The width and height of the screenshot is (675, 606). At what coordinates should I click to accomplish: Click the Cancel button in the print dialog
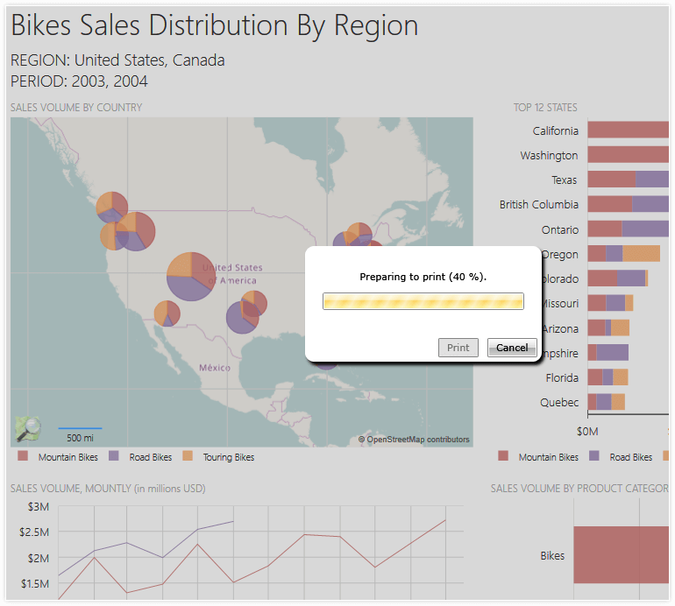click(512, 348)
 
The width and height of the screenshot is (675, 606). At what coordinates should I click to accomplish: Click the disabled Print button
click(458, 348)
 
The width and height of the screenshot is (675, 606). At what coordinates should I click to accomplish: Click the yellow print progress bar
click(423, 301)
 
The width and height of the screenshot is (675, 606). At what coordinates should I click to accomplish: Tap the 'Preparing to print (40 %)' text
click(423, 277)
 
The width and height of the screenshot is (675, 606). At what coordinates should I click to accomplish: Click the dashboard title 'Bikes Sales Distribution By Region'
click(214, 26)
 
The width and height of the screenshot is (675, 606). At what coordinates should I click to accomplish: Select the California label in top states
click(555, 130)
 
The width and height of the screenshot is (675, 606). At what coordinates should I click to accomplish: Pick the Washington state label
click(549, 155)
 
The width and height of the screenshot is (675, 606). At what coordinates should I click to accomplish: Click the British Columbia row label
click(538, 204)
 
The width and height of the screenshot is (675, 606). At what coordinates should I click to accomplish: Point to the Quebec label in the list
click(559, 402)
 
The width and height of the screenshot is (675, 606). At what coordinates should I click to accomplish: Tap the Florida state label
click(561, 377)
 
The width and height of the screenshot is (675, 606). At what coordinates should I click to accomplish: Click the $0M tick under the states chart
click(586, 431)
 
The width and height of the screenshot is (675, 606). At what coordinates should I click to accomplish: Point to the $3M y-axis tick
click(38, 506)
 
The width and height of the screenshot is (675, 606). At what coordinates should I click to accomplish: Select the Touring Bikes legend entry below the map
click(228, 457)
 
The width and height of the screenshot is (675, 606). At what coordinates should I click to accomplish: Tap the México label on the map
click(214, 367)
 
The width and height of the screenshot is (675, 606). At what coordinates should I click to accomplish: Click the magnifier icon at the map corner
click(27, 428)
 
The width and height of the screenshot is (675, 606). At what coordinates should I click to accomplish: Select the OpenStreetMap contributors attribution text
click(414, 440)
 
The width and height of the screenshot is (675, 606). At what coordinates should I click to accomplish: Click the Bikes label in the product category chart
click(552, 555)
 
